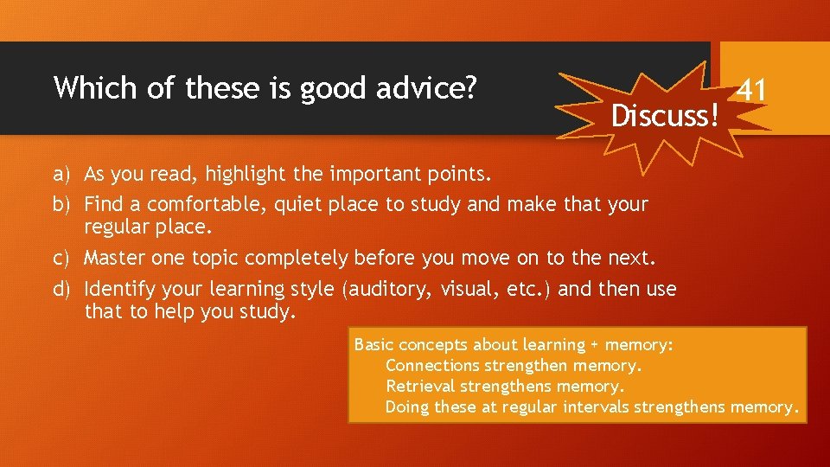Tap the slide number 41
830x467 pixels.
(751, 89)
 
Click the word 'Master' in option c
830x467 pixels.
(115, 258)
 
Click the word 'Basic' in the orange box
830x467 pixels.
(373, 345)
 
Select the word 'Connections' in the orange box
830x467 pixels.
(432, 366)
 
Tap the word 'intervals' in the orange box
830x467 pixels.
(597, 407)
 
